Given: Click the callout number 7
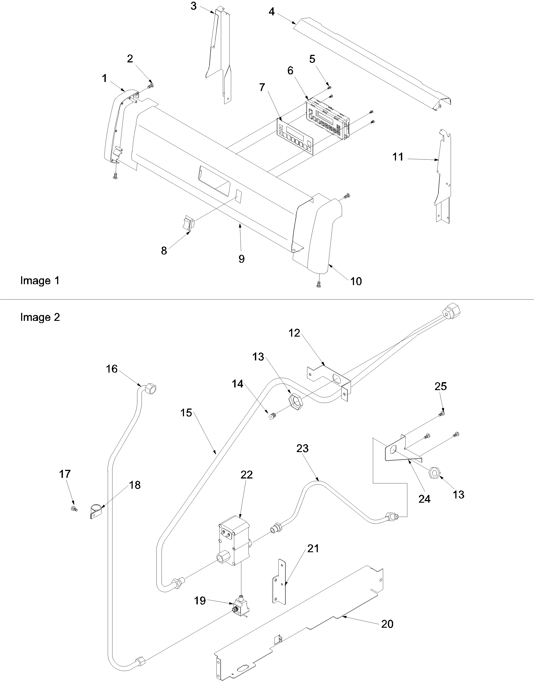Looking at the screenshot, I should (x=262, y=87).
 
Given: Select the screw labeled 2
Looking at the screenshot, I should (x=152, y=85).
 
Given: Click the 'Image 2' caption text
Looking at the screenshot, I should (x=40, y=317).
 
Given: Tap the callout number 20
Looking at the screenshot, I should (x=387, y=624).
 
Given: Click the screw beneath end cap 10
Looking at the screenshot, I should (x=319, y=284).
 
